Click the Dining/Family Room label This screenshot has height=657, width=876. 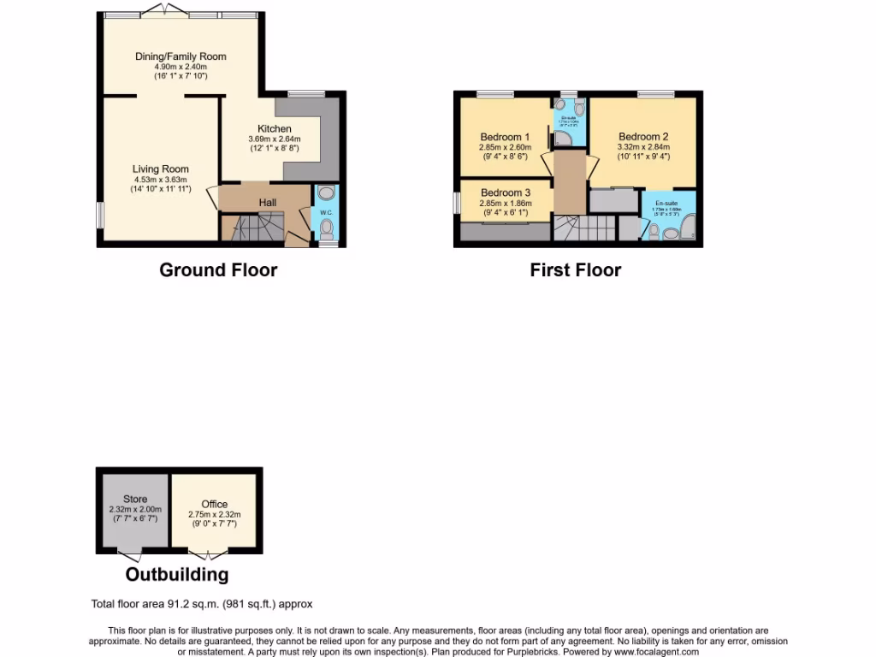point(181,56)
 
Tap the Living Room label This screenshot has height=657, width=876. point(160,169)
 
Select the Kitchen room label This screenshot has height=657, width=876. point(275,128)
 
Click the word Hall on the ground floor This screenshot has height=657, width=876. point(268,202)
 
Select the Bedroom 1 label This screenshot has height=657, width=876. point(505,137)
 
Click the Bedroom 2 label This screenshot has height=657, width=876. point(643,136)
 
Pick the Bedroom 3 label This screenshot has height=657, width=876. point(505,192)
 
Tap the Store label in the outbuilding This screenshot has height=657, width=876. point(134,499)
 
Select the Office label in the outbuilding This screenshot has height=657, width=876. point(215,504)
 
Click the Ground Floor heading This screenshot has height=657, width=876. point(218,270)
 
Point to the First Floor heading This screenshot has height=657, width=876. point(575,270)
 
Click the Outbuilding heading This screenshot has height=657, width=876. point(177,574)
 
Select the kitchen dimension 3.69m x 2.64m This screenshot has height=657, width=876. point(275,139)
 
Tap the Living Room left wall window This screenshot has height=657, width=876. point(99,215)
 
